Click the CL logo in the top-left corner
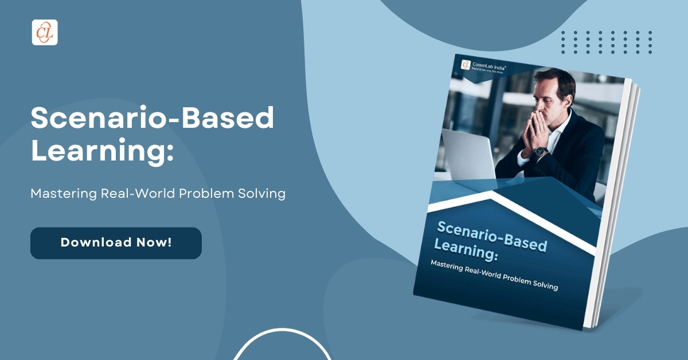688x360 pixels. coord(45,32)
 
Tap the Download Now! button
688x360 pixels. coord(116,242)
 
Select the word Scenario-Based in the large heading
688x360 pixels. coord(153,119)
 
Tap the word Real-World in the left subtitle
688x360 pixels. coord(139,194)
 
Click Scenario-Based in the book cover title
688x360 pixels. coord(491,236)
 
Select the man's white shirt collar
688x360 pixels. coord(562,123)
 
